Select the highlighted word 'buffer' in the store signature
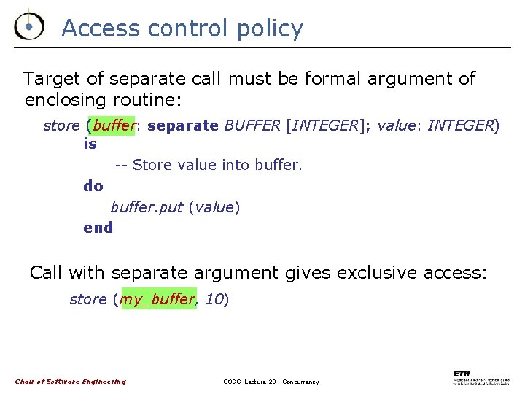point(114,125)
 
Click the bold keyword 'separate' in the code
point(182,125)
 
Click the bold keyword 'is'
point(90,144)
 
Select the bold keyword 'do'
point(93,185)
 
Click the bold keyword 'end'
point(98,227)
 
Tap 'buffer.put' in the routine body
point(147,207)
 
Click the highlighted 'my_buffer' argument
point(158,298)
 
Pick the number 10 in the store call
point(214,298)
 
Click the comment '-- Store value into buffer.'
point(209,165)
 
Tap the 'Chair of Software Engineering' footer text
point(70,382)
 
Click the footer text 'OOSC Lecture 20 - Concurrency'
point(271,382)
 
